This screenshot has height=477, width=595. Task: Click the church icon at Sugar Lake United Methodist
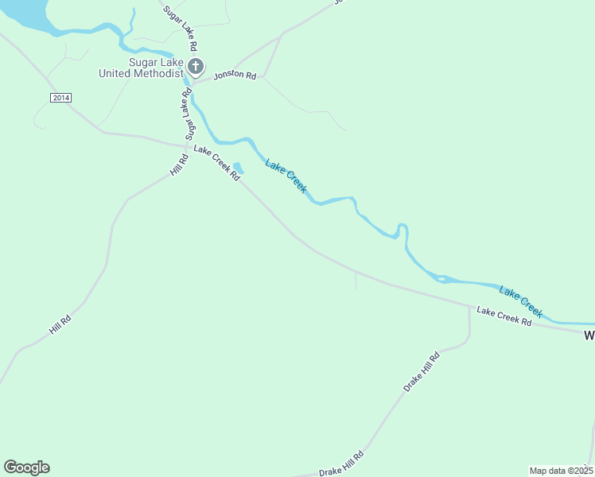pos(196,66)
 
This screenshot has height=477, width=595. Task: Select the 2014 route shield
pos(60,97)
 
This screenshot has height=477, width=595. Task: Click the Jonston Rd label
pos(235,76)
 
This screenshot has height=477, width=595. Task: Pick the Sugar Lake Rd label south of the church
pos(189,114)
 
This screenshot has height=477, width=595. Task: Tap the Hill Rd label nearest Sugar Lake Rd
pos(179,164)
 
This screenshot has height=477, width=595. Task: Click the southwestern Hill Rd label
pos(60,324)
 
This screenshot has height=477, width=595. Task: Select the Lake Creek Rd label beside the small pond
pos(216,163)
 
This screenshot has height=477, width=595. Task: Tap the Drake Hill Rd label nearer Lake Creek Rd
pos(421,372)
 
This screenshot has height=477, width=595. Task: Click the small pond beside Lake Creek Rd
pos(237,167)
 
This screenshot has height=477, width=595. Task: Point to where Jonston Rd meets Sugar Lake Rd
pos(192,82)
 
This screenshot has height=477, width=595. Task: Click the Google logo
pos(26,467)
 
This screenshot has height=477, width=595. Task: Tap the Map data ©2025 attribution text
pos(561,471)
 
